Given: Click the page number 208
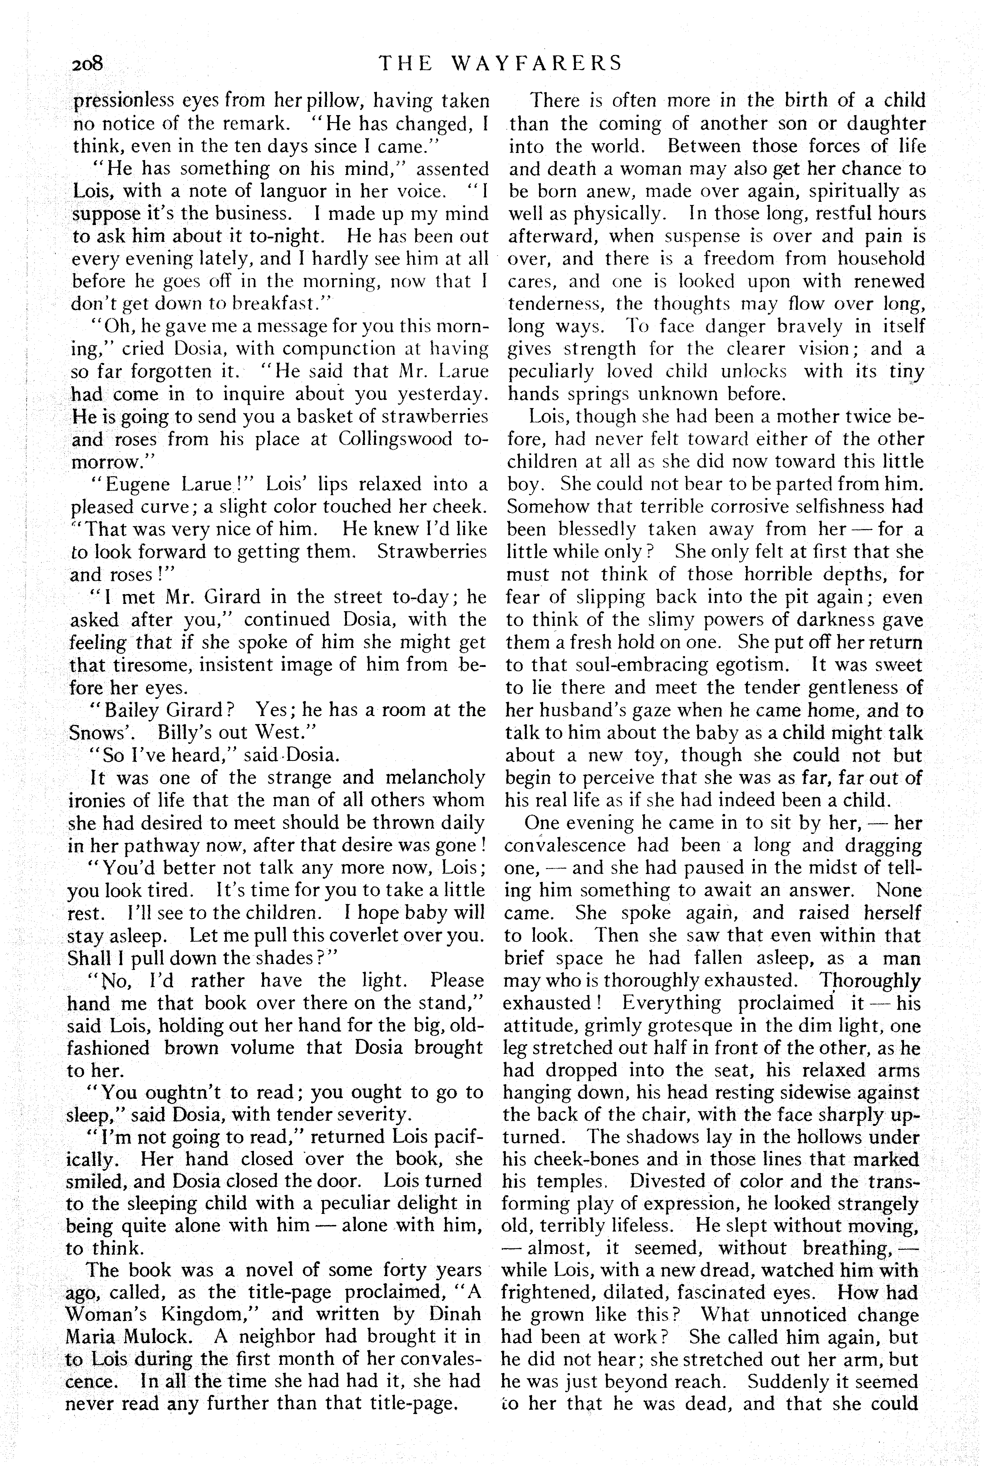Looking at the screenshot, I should tap(91, 64).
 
